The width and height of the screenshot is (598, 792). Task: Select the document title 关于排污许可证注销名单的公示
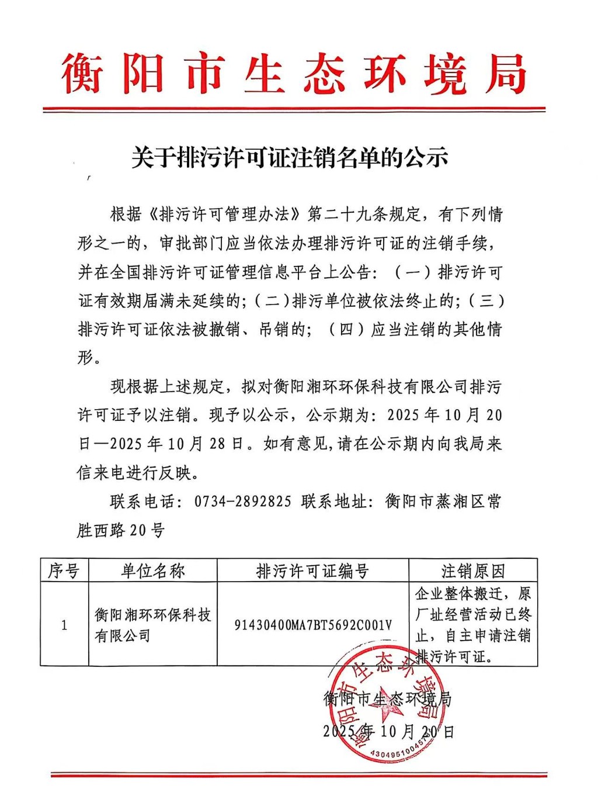[x=290, y=158]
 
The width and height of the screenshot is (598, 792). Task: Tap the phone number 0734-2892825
[x=242, y=502]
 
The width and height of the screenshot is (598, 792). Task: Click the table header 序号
[x=64, y=570]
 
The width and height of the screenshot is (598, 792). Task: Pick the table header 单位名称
[x=152, y=570]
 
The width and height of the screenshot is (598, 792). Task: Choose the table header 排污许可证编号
[x=312, y=571]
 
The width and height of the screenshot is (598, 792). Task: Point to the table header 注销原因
[x=472, y=571]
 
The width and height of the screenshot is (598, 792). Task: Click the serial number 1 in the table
[x=64, y=625]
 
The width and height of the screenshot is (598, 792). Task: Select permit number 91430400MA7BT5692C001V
[x=313, y=625]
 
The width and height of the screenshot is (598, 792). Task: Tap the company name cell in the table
[x=152, y=625]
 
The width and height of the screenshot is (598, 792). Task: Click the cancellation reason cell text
[x=472, y=625]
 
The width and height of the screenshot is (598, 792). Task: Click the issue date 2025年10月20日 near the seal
[x=388, y=731]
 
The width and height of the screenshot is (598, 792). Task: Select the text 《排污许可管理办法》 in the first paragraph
[x=224, y=215]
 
